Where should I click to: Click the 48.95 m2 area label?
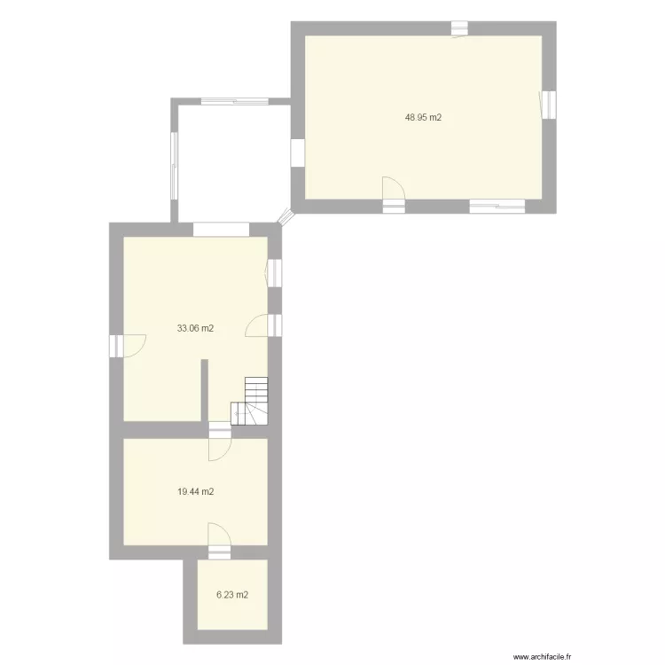click(x=423, y=116)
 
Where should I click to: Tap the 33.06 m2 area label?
click(x=196, y=328)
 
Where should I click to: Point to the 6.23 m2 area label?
click(x=232, y=595)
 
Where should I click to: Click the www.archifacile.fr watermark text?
click(x=544, y=657)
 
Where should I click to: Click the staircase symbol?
click(x=251, y=402)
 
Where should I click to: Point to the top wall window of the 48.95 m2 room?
click(x=459, y=28)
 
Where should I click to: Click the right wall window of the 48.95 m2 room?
click(x=549, y=105)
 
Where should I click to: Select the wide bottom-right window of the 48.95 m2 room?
click(x=497, y=207)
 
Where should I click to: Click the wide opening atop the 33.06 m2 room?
click(x=221, y=229)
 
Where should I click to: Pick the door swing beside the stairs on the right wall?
click(x=258, y=325)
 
